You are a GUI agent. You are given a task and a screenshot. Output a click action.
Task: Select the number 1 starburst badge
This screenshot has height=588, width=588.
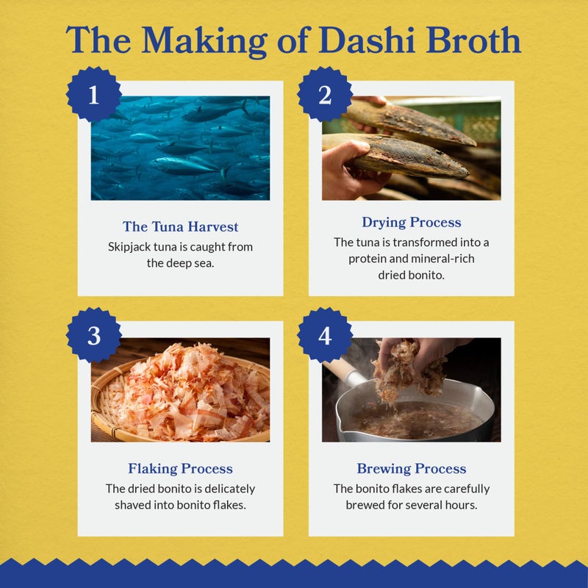(x=93, y=96)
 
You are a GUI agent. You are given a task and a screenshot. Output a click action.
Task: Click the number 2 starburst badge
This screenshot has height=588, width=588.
(x=324, y=96)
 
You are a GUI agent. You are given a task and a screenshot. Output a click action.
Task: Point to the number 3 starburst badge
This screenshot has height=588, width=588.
(x=93, y=335)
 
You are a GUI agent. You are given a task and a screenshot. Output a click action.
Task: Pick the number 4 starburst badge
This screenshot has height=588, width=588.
(x=324, y=335)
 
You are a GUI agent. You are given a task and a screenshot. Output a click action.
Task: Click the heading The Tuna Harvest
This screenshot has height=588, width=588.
(x=180, y=227)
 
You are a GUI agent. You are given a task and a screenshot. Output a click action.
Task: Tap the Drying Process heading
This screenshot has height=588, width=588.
(x=411, y=222)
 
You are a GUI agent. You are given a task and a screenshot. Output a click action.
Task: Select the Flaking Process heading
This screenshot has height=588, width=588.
(x=180, y=468)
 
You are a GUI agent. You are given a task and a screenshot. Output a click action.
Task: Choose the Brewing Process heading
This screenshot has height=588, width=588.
(x=411, y=468)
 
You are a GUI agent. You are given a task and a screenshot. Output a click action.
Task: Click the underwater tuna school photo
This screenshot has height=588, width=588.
(x=180, y=148)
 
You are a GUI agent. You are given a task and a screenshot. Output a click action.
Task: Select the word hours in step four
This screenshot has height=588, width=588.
(x=472, y=505)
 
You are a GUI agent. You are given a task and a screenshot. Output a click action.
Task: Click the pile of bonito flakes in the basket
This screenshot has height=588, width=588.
(x=184, y=393)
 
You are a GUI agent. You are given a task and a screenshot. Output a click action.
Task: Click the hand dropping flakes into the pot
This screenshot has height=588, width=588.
(x=412, y=360)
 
